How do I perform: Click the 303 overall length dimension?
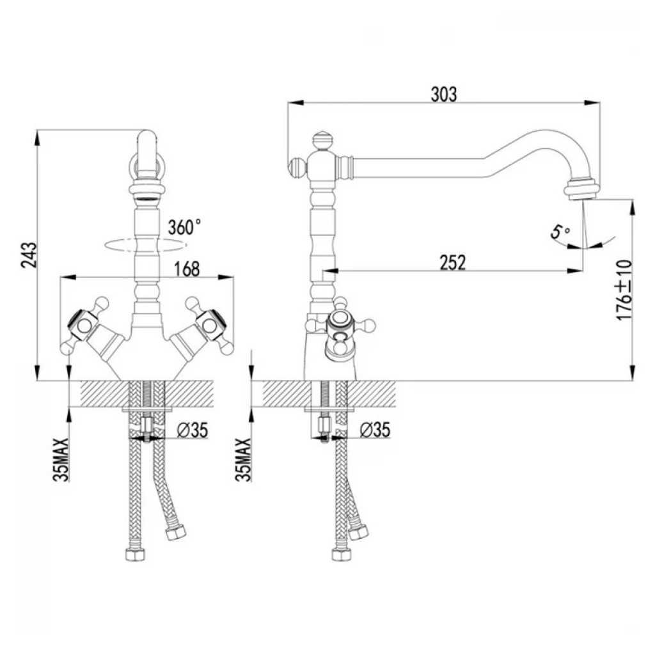tap(444, 95)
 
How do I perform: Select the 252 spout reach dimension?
tap(452, 263)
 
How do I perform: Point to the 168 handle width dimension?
tap(187, 269)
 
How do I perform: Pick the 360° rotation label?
tap(184, 228)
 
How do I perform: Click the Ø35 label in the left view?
tap(192, 430)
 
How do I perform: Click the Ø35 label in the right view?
tap(375, 430)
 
